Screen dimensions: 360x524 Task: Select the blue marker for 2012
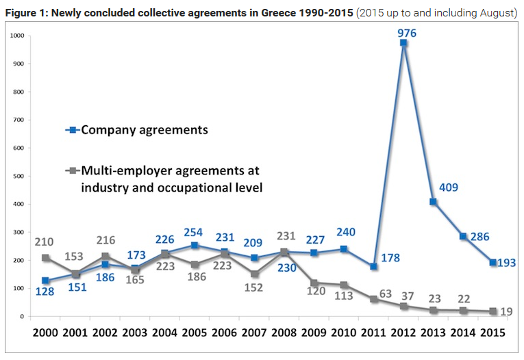click(403, 43)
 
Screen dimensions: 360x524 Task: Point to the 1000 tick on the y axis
click(16, 36)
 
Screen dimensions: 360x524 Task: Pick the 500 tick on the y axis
click(18, 176)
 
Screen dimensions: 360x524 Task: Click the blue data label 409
click(449, 187)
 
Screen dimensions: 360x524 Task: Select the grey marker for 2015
click(493, 311)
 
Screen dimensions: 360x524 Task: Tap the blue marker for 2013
click(433, 202)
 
